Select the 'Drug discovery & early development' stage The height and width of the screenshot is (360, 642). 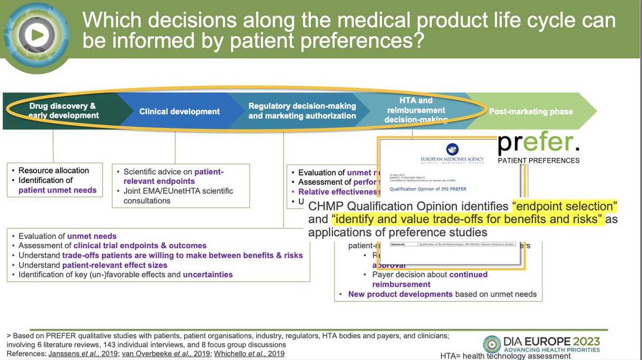coord(63,111)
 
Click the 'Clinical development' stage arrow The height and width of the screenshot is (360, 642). coord(179,111)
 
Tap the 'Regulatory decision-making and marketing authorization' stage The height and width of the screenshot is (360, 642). coord(302,111)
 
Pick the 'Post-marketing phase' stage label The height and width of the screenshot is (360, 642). coord(530,111)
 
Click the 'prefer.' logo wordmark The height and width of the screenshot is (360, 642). coord(538,143)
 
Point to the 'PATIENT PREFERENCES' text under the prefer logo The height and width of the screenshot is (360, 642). coord(538,160)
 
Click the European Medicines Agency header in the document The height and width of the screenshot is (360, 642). coord(445,159)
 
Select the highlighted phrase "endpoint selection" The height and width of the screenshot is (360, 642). coord(565,206)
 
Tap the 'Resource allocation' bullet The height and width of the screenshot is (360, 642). coord(53,170)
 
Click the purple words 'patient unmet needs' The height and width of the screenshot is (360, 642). coord(58,189)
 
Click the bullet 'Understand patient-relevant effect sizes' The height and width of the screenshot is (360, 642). coord(93,265)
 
